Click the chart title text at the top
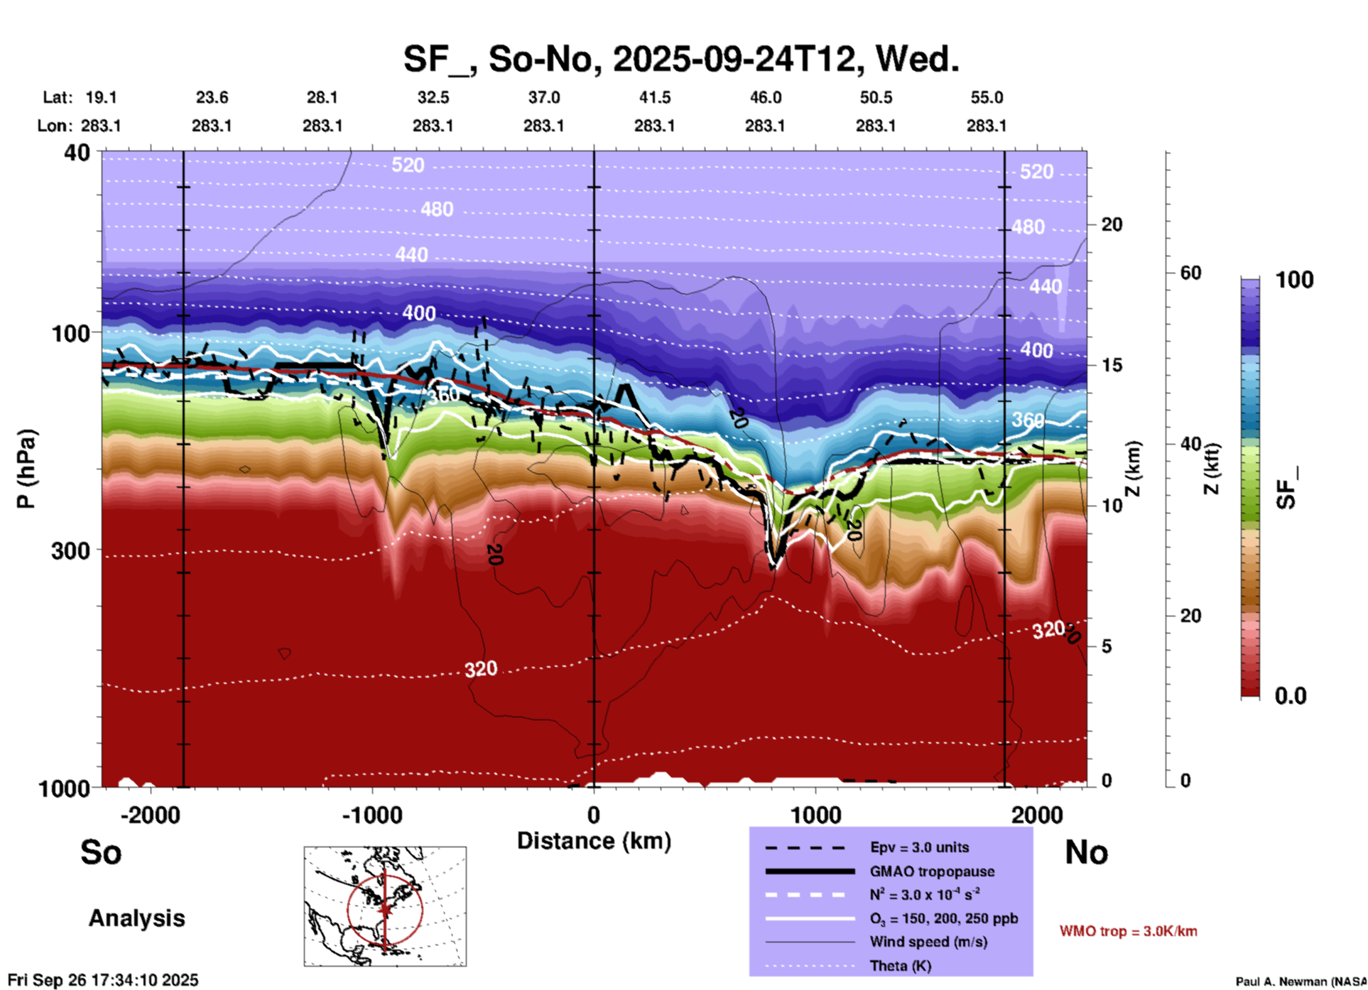(x=681, y=58)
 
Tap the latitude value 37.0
(x=543, y=97)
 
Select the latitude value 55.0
(x=987, y=97)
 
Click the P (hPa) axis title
(x=26, y=469)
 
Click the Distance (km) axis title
(x=594, y=841)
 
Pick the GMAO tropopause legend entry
(x=931, y=871)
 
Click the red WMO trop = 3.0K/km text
(x=1128, y=931)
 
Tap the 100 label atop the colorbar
(x=1294, y=280)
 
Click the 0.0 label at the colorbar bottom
(x=1291, y=696)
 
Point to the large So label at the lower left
(x=101, y=852)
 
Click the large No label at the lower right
(x=1086, y=852)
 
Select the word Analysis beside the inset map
(x=136, y=918)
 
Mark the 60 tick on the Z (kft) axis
(x=1190, y=273)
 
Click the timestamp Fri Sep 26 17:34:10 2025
(x=103, y=981)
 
